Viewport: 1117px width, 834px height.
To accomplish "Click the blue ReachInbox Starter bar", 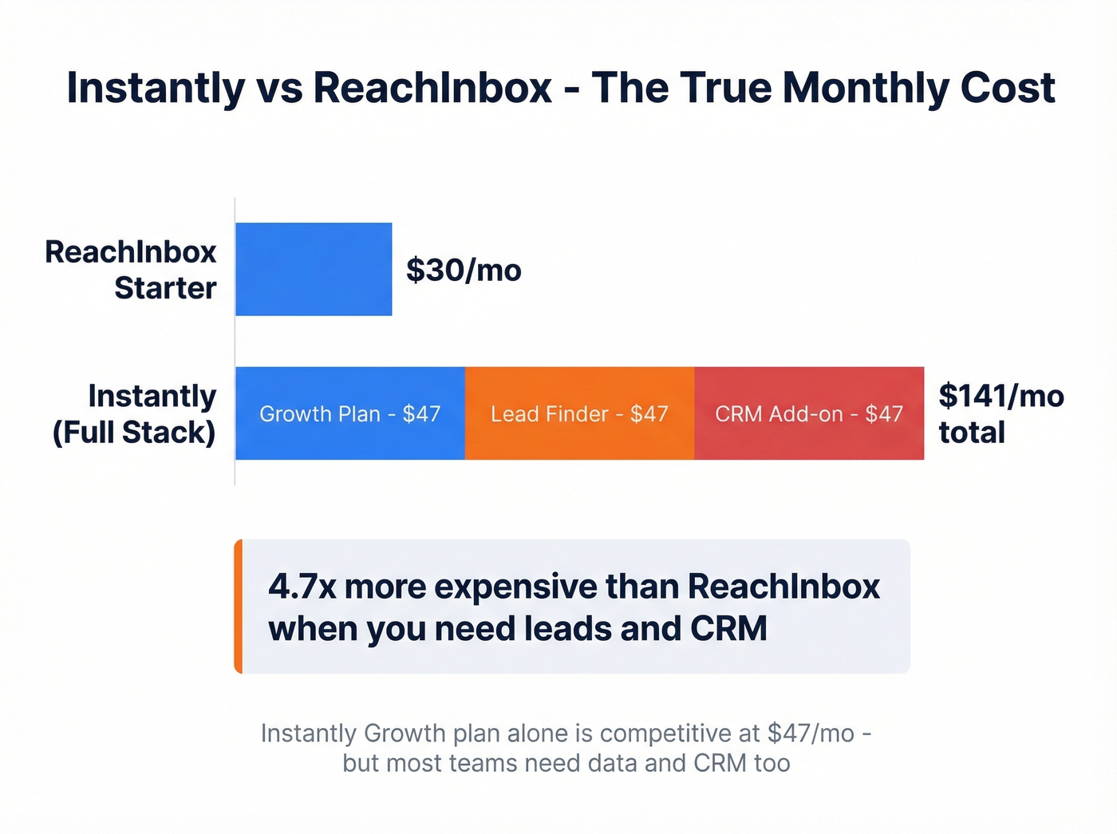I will click(x=314, y=269).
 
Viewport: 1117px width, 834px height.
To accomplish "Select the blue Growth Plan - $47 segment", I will click(x=349, y=413).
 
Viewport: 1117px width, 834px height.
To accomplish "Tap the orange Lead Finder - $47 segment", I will click(x=579, y=413).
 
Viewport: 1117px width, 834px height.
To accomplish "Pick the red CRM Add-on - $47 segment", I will click(x=809, y=413).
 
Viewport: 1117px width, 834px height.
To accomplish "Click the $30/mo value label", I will click(x=464, y=271).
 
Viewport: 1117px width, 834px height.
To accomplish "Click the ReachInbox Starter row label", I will click(x=131, y=270).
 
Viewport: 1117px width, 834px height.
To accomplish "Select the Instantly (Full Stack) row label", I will click(x=134, y=413).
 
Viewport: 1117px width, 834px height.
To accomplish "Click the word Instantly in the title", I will click(x=156, y=88).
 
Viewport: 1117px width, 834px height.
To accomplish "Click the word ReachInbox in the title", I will click(x=432, y=88).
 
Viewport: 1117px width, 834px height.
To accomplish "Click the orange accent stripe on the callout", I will click(x=238, y=607).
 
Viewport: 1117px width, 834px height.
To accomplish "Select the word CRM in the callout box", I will click(x=728, y=629).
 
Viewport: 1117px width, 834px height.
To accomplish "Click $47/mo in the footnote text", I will click(x=811, y=733).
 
